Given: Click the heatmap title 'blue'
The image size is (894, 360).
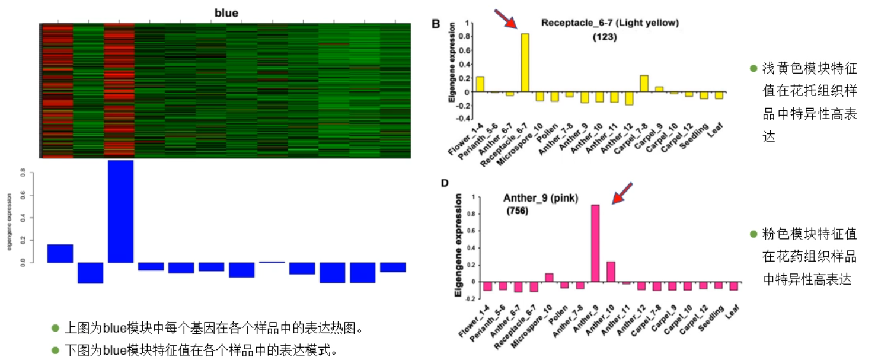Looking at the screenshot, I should pos(226,12).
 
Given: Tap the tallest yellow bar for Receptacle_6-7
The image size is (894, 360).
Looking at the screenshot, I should pos(525,62).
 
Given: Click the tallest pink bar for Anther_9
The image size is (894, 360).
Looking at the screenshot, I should pos(595,243).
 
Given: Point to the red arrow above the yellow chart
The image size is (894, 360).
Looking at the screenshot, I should pos(506,18).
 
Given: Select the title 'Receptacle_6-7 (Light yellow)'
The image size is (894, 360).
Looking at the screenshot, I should pos(609,23).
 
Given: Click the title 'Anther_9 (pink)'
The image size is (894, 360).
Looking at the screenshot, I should pos(540,197).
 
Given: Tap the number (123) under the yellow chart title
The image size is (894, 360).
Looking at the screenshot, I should pos(605,37).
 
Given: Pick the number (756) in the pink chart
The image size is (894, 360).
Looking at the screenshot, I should pos(518,211).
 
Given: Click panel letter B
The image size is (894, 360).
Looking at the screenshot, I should pos(436,24).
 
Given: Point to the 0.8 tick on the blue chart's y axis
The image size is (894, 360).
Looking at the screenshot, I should pos(23,174).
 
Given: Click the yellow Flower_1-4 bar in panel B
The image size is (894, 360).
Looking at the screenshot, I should pos(480,84).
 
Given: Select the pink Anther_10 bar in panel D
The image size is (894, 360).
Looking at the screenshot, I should pos(610,272).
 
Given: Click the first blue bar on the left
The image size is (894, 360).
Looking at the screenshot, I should pos(60,253).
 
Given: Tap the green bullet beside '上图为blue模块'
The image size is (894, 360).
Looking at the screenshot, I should pos(55,328).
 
